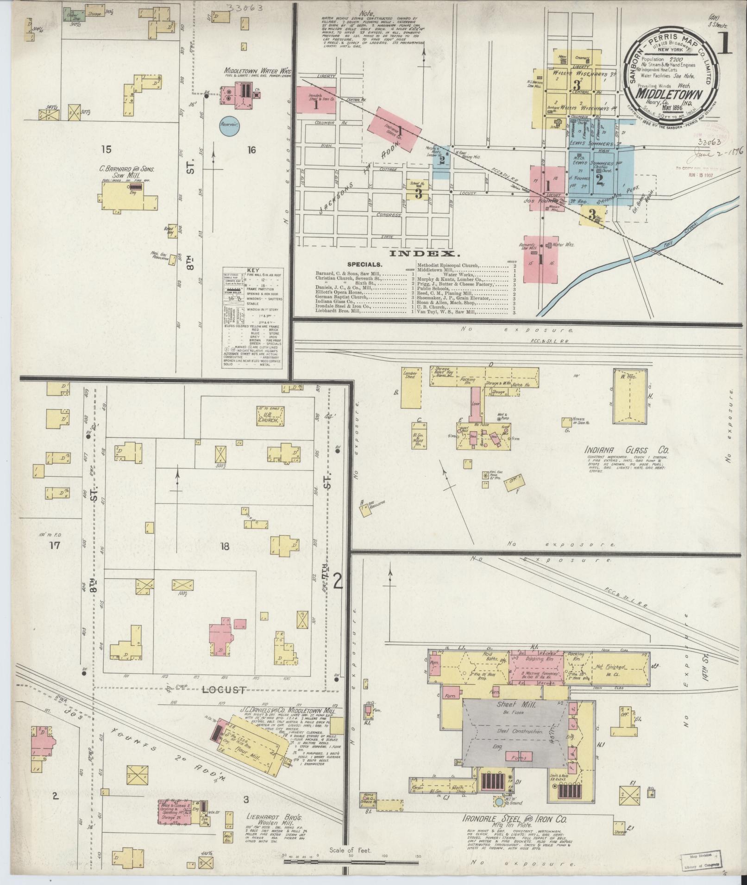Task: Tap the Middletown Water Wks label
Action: coord(258,71)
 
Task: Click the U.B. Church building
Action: coord(271,415)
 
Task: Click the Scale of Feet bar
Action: coord(352,862)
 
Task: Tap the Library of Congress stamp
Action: coord(703,860)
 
